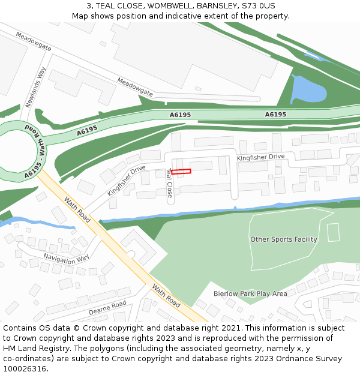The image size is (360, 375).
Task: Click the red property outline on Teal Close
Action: pyautogui.click(x=181, y=172)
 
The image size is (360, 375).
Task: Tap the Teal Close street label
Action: pyautogui.click(x=169, y=182)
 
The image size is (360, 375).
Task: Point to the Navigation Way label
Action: pyautogui.click(x=67, y=259)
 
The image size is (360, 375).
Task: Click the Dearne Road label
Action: pyautogui.click(x=107, y=308)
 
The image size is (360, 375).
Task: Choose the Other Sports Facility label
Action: pyautogui.click(x=283, y=239)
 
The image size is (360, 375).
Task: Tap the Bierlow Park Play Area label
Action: pyautogui.click(x=250, y=293)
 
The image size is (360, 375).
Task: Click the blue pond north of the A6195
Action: pyautogui.click(x=307, y=90)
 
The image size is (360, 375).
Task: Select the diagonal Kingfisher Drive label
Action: pyautogui.click(x=127, y=181)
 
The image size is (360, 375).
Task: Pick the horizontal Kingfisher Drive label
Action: pyautogui.click(x=260, y=157)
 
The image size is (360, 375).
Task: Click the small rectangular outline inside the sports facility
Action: pyautogui.click(x=333, y=232)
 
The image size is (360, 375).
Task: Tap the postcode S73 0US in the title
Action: pyautogui.click(x=259, y=6)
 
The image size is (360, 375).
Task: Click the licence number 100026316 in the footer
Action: pyautogui.click(x=25, y=368)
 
